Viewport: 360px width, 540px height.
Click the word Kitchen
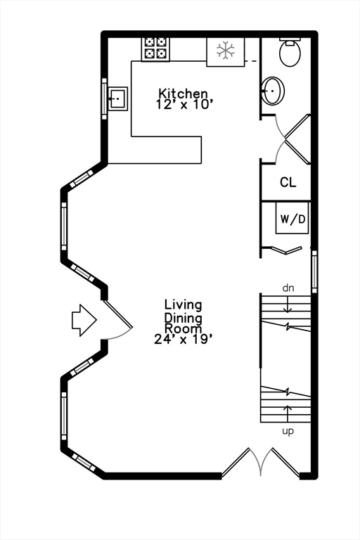(183, 94)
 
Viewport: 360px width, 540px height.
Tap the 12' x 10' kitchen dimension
(183, 104)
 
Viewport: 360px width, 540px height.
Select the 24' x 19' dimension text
(182, 339)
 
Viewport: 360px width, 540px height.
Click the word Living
(183, 305)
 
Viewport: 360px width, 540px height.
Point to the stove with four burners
(155, 49)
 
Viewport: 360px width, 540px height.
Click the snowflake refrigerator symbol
(225, 51)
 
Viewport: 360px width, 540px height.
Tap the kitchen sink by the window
(118, 99)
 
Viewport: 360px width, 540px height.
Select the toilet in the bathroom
(290, 52)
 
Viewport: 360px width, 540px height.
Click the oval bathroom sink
(274, 91)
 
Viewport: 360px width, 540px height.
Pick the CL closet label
(288, 182)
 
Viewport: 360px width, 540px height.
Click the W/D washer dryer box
(292, 219)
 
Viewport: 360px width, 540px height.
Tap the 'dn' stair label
(288, 288)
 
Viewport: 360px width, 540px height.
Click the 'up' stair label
(288, 431)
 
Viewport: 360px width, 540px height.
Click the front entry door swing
(118, 320)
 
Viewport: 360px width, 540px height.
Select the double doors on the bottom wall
(261, 462)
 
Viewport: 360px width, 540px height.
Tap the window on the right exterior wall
(314, 271)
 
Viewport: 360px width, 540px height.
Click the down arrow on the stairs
(288, 304)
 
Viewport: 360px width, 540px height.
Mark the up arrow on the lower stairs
(288, 413)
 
